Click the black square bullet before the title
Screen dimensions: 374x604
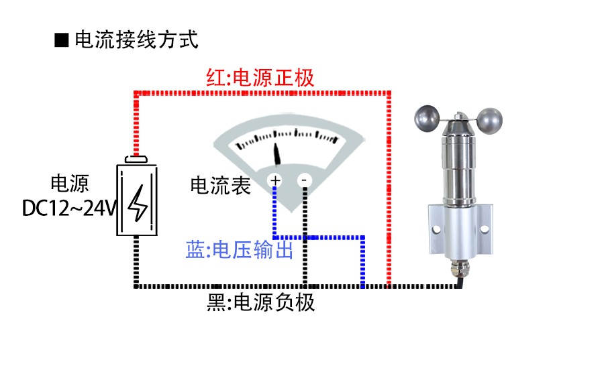coord(62,40)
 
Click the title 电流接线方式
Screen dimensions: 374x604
coord(136,40)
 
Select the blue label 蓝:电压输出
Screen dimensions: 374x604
coord(240,251)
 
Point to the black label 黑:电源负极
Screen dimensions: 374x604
coord(261,303)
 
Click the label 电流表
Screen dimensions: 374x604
coord(221,186)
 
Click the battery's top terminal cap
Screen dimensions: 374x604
coord(137,160)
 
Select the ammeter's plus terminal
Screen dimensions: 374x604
coord(275,180)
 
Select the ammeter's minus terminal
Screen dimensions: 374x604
coord(304,180)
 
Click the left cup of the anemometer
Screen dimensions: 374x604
coord(427,119)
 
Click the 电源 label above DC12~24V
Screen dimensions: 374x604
coord(69,184)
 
